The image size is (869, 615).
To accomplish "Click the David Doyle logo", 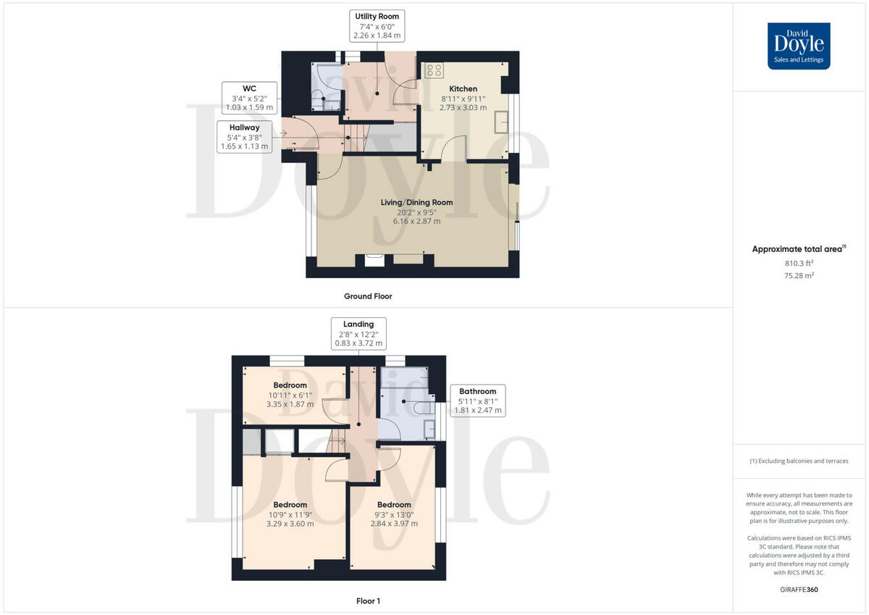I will click(x=799, y=46).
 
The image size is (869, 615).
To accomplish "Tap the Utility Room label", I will click(x=376, y=25).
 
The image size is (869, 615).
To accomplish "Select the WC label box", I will click(x=249, y=97).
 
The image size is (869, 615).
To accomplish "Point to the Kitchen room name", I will click(x=463, y=89).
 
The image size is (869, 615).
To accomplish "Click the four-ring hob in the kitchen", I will click(x=434, y=70).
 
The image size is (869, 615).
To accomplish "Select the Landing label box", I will click(x=358, y=334).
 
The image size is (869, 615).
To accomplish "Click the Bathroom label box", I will click(x=477, y=401).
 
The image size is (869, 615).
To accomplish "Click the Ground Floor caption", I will click(x=368, y=296).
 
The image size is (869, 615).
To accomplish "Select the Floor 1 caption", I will click(x=368, y=601).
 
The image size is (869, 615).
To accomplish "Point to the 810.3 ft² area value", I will click(x=799, y=264).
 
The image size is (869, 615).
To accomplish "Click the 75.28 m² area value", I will click(x=799, y=276).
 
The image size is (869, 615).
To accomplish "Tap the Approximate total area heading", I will click(x=799, y=248).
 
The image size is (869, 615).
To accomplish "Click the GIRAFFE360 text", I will click(x=799, y=590).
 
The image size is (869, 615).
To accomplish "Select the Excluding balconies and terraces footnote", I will click(x=799, y=461).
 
